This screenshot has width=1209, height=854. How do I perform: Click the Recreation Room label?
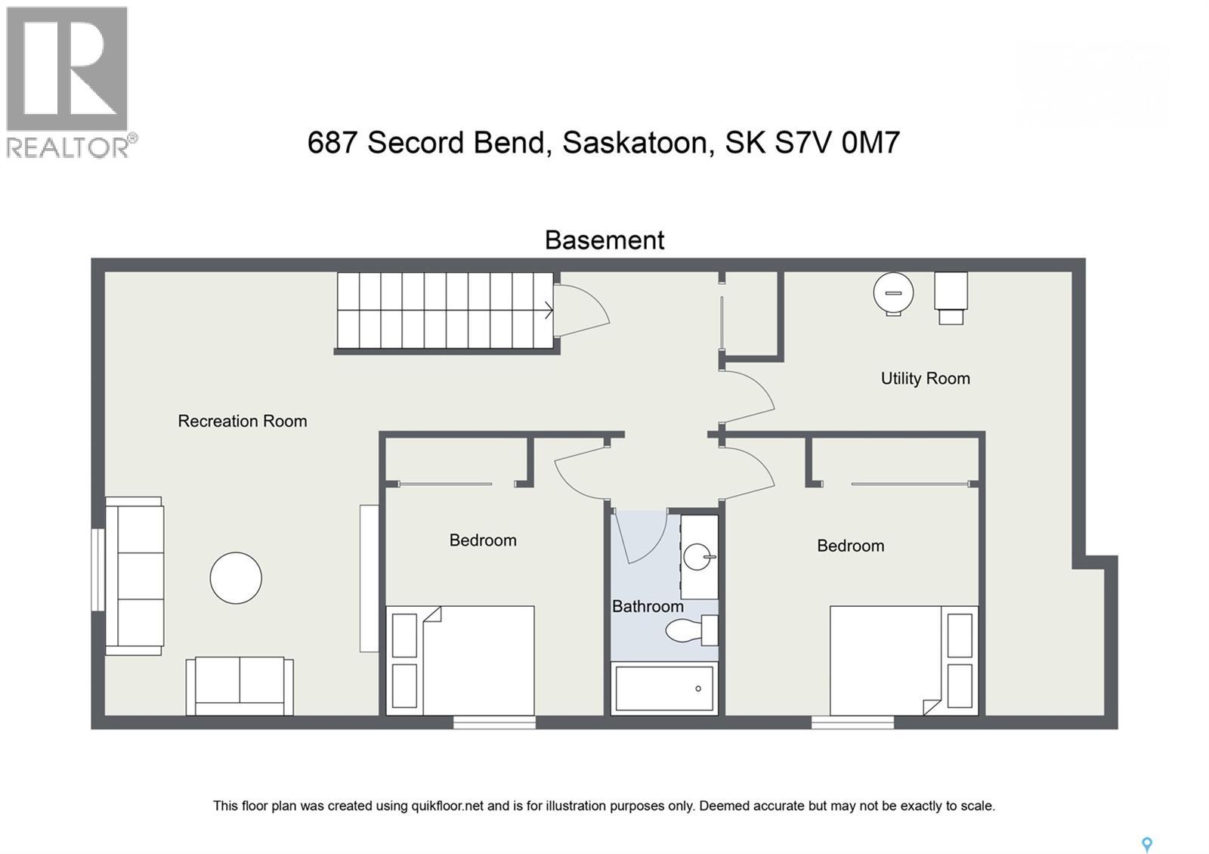(242, 421)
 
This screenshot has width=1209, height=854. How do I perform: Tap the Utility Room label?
(925, 379)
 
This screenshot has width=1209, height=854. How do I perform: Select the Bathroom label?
(648, 606)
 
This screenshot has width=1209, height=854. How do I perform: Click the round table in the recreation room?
(236, 578)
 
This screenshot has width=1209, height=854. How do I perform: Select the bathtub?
(664, 688)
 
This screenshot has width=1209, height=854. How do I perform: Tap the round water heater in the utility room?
(893, 292)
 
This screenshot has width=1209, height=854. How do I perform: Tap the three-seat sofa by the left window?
(135, 576)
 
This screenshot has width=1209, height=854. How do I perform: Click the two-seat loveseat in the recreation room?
(240, 685)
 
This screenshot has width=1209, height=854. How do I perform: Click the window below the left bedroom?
(494, 723)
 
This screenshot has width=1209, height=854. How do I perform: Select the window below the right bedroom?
(852, 723)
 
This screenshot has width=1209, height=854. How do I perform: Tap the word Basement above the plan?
(604, 240)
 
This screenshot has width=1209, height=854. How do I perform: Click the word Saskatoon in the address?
(638, 142)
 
